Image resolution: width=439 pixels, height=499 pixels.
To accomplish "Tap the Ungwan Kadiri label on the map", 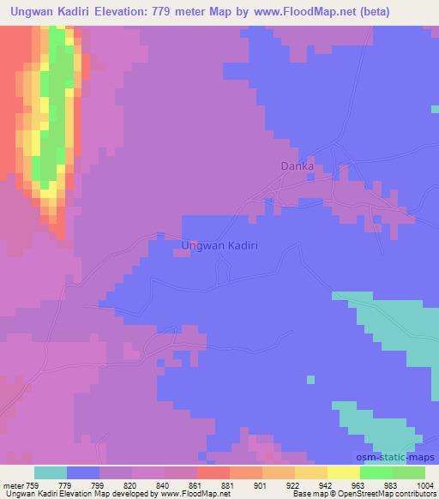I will pos(220,245).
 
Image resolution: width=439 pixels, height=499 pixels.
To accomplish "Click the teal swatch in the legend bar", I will pos(51,472).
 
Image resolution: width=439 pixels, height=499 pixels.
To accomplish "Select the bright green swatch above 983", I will pos(376,472).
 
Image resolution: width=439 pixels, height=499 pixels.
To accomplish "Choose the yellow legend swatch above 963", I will pos(344,472).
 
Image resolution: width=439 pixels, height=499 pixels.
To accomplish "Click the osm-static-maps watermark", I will pos(400,459).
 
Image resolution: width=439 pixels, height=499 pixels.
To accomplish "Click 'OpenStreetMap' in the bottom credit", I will pos(354,494).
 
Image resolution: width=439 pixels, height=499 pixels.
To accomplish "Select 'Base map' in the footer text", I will pos(308,494).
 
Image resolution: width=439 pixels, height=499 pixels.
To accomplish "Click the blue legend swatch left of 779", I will pos(83,472).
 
